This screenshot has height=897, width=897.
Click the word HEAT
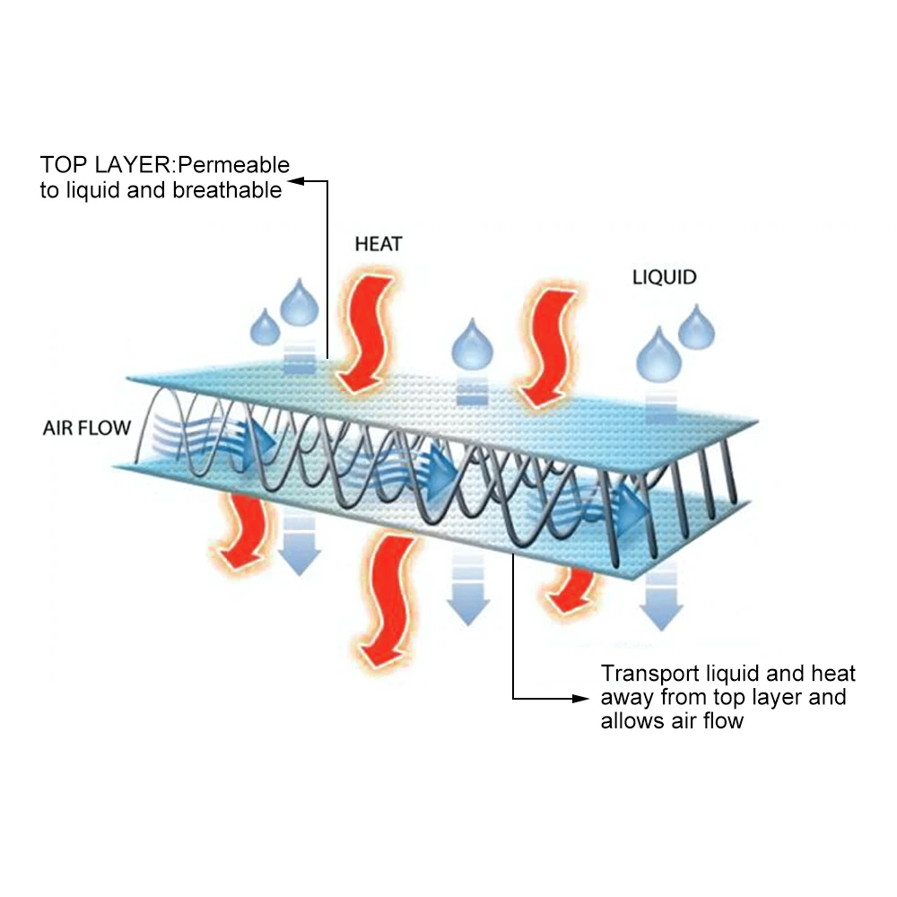pos(379,243)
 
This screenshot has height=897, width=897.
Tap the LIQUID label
pos(665,277)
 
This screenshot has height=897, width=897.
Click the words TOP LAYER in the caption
pos(97,165)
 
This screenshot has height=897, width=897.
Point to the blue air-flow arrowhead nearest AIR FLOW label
pos(264,437)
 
